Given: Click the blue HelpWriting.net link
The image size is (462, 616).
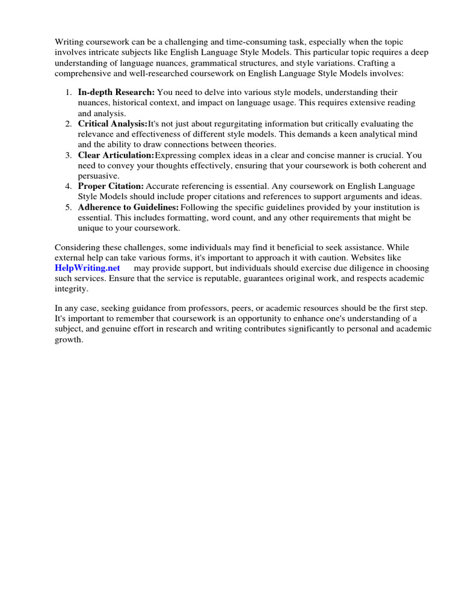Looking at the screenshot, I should point(87,268).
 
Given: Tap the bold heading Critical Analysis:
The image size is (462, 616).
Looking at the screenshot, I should point(112,123).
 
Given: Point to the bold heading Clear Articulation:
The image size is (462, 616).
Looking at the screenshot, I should point(116,155).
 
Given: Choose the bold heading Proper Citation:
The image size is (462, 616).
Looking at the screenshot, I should point(111,186).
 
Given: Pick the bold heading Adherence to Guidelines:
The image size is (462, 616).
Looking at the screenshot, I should point(128,206).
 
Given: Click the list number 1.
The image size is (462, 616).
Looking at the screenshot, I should point(68,92).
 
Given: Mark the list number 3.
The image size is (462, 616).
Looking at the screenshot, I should point(68,155).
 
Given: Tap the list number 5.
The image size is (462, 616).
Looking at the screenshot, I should point(68,206).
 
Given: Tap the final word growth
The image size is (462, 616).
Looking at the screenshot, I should point(69,339).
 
